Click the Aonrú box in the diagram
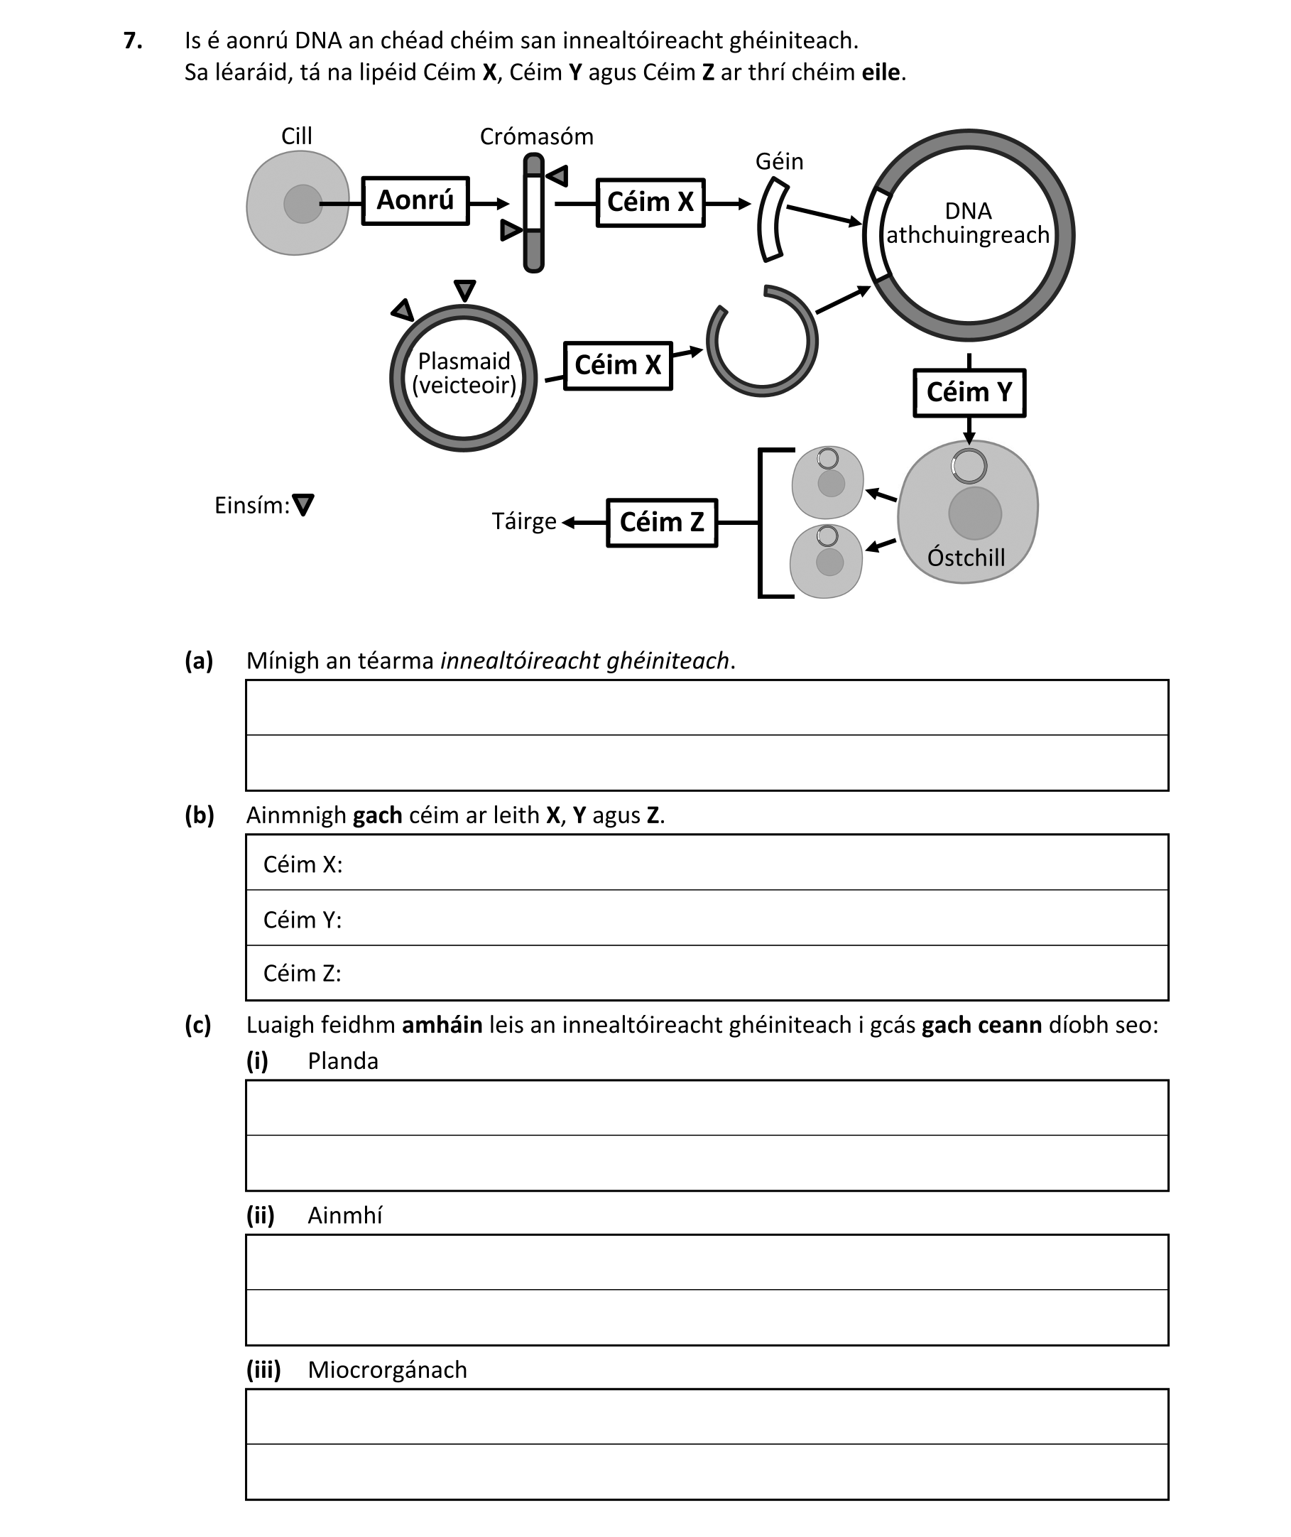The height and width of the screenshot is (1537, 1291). (415, 200)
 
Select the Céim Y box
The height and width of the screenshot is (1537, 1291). (969, 393)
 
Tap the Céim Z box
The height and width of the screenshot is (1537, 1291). (662, 523)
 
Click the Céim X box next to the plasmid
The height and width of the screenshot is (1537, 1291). (618, 365)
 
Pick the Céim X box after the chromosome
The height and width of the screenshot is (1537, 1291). (650, 202)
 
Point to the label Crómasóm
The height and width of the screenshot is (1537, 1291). (536, 137)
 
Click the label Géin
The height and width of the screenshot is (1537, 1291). (779, 162)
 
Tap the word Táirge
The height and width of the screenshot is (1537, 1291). (523, 522)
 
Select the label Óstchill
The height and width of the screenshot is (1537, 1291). (966, 558)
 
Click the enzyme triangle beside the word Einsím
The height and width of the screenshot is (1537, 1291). (303, 504)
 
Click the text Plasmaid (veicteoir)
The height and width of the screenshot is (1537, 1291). (464, 374)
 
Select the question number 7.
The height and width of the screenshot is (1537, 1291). (133, 41)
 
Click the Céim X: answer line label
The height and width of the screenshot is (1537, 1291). (303, 864)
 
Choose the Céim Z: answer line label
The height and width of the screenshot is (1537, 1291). (302, 974)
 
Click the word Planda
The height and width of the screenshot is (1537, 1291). (342, 1061)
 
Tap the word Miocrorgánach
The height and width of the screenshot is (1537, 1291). (387, 1370)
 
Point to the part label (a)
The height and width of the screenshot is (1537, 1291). (198, 661)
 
